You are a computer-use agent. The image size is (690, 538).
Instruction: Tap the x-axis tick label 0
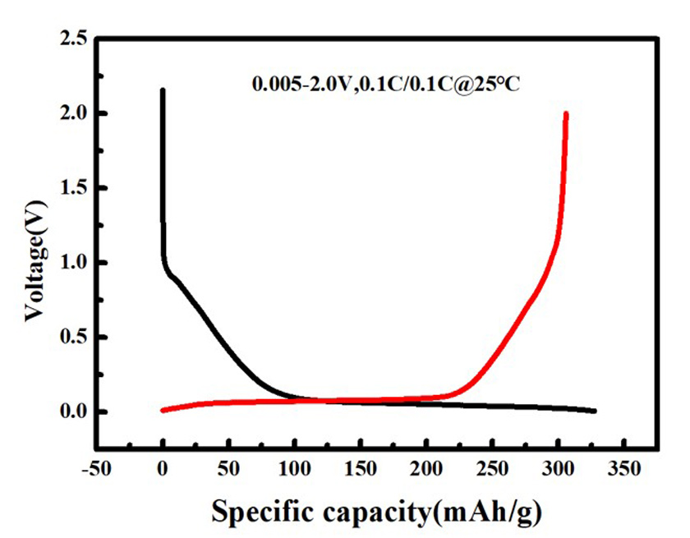[163, 471]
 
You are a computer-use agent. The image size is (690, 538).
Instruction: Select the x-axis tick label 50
[228, 471]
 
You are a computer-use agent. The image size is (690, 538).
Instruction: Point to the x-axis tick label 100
[294, 471]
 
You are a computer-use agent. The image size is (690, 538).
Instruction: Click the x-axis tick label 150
[361, 471]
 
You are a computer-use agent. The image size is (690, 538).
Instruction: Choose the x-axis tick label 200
[426, 471]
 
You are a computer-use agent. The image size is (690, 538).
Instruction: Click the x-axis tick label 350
[624, 471]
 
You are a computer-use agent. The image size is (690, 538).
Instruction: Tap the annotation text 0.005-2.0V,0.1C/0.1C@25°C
[385, 84]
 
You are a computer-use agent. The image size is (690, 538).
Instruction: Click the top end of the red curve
[566, 113]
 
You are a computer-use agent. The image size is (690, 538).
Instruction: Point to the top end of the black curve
[163, 90]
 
